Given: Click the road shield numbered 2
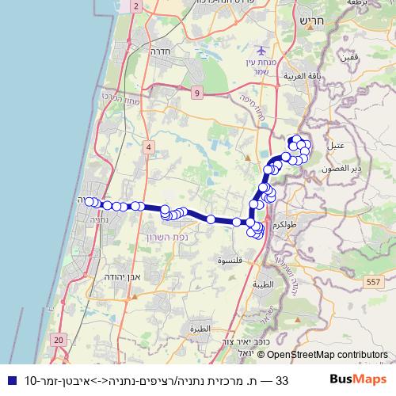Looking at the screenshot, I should click(135, 6).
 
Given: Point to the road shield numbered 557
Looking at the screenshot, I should click(374, 281).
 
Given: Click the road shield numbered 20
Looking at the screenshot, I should click(59, 339).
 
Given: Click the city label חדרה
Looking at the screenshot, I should click(161, 50).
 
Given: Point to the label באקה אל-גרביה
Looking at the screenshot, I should click(299, 77).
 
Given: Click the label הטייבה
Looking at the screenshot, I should click(261, 284).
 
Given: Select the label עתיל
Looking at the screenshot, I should click(336, 147).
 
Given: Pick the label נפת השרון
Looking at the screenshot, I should click(166, 237).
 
